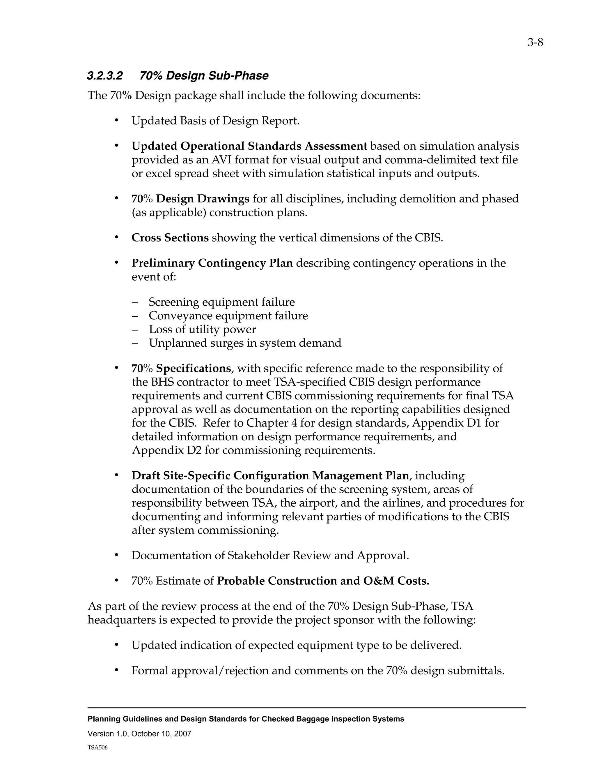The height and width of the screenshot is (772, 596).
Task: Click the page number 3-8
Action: (x=535, y=43)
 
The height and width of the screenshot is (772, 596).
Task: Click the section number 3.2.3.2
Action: (x=105, y=76)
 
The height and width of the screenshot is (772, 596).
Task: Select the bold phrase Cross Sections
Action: (x=170, y=237)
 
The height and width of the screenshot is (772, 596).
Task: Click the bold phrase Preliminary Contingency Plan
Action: (x=212, y=263)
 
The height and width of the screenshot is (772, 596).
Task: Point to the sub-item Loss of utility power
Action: (x=202, y=329)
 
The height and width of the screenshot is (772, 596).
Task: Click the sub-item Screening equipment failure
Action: (x=221, y=302)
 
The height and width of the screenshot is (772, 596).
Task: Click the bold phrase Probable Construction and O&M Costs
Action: (x=323, y=581)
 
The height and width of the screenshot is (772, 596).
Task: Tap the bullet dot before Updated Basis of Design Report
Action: (x=116, y=121)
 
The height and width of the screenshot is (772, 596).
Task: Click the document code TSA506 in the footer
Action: (x=97, y=748)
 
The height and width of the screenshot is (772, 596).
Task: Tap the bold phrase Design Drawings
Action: (x=203, y=199)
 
